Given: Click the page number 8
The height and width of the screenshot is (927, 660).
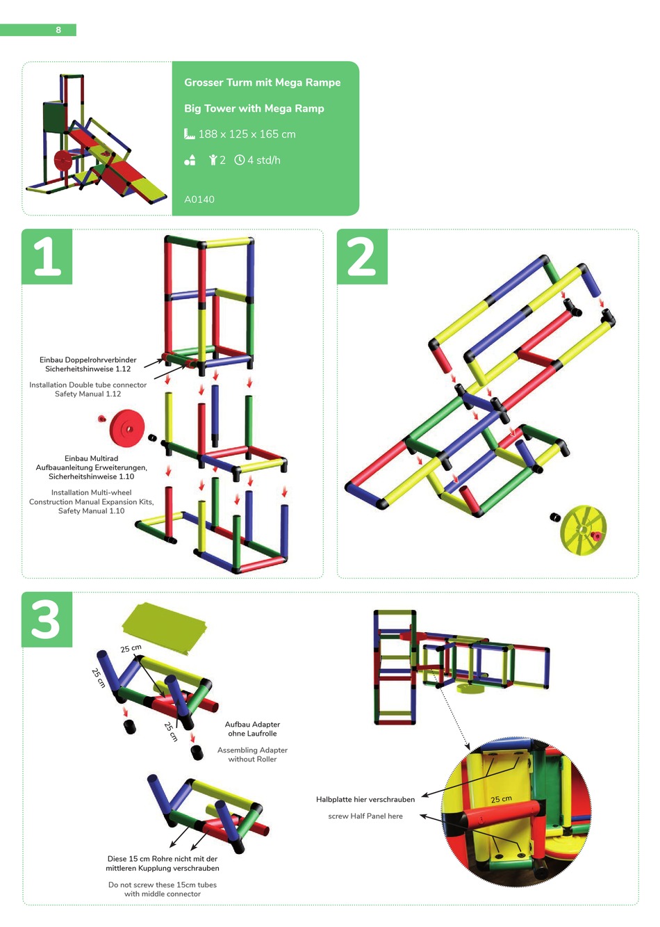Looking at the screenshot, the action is [x=58, y=30].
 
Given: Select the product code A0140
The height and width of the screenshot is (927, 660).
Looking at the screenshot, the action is [x=199, y=200].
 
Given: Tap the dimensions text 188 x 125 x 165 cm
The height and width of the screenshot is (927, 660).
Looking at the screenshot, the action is [x=247, y=134].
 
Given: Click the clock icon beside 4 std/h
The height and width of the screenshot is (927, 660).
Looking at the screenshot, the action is [x=240, y=160].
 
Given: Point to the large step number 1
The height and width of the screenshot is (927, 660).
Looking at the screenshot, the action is [x=47, y=257].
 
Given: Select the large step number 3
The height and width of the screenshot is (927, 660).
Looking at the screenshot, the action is [x=47, y=619].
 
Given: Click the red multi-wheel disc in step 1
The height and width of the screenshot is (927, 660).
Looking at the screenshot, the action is [x=127, y=429].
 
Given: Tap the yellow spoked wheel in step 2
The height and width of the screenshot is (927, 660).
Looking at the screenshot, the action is [x=583, y=530].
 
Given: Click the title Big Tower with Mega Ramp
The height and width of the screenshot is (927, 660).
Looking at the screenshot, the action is [x=254, y=108].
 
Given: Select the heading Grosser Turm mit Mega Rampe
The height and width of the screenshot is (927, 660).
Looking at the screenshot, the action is [x=262, y=82].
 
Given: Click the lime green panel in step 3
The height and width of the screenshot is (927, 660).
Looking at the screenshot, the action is [x=165, y=628].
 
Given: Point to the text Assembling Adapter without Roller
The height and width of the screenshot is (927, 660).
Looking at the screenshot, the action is [x=252, y=754].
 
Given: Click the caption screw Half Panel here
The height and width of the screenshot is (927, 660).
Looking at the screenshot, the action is [x=365, y=816].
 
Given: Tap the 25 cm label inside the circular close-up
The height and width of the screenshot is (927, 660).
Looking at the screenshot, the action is [x=501, y=799].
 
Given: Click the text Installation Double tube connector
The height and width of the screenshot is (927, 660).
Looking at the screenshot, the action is [x=88, y=385].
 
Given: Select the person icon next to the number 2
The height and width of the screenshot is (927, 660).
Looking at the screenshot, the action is [x=213, y=160].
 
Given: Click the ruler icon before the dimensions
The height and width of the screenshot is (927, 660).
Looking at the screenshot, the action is [x=190, y=134].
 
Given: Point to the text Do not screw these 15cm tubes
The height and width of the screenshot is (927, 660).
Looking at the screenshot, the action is [x=163, y=885].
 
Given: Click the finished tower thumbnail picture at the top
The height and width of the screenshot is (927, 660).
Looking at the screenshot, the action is [x=96, y=139].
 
